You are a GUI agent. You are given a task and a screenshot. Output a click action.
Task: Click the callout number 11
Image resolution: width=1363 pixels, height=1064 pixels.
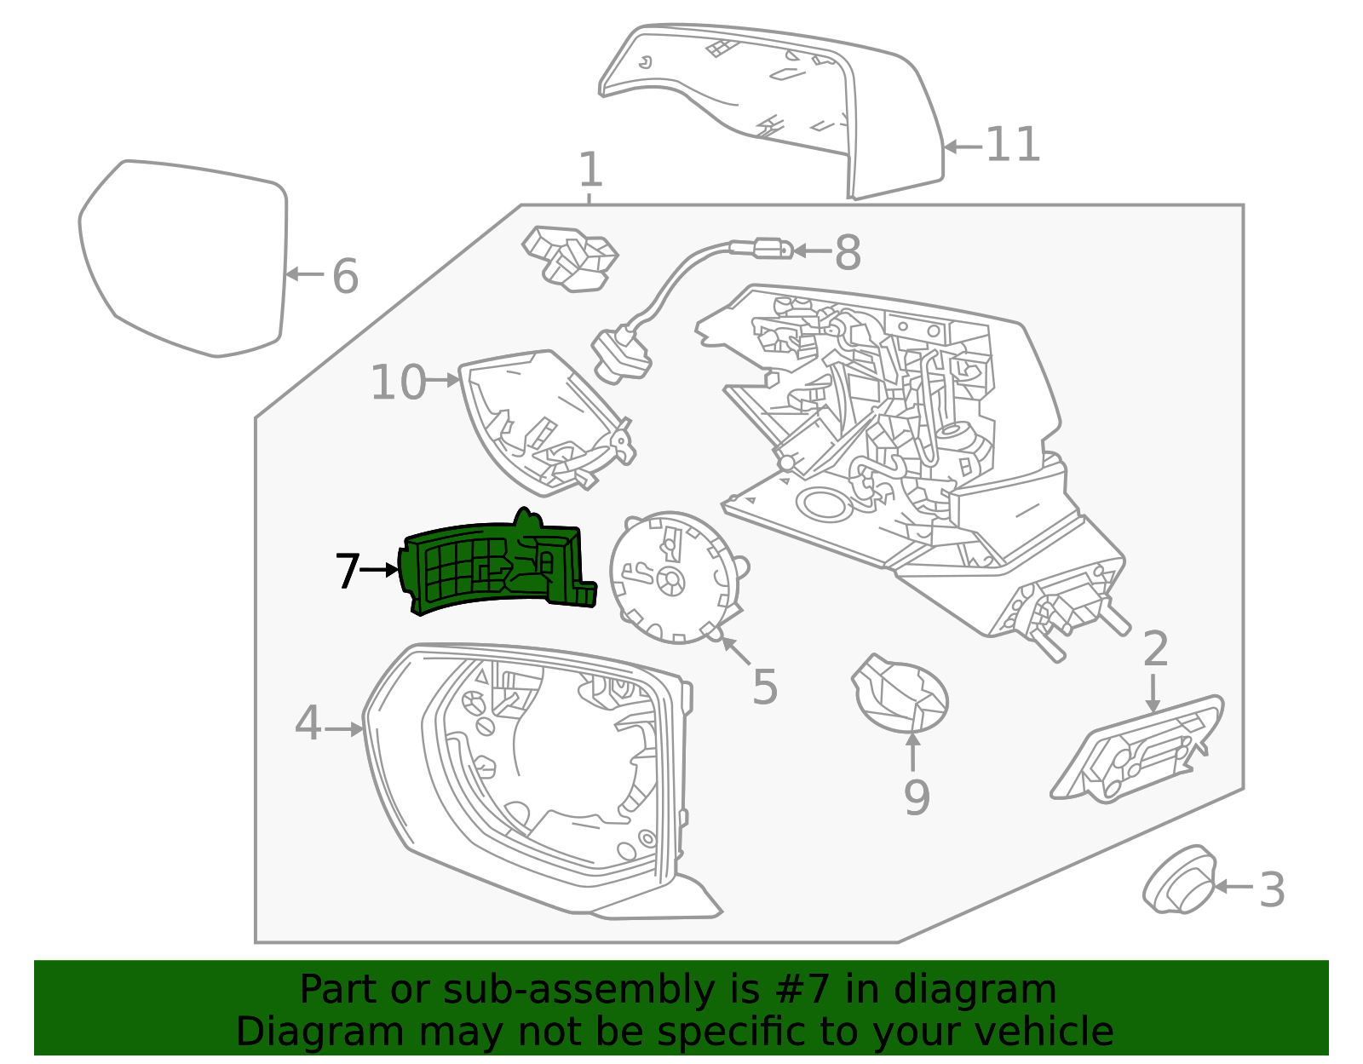pyautogui.click(x=1013, y=145)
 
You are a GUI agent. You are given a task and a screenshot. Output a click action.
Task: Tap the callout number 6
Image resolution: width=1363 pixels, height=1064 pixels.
pyautogui.click(x=345, y=276)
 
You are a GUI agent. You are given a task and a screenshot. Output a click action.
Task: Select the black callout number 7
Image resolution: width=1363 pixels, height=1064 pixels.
pyautogui.click(x=348, y=571)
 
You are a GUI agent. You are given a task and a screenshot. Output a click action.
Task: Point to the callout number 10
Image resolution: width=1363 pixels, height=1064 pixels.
pyautogui.click(x=398, y=382)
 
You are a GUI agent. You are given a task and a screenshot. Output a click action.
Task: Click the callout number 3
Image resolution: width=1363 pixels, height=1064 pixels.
pyautogui.click(x=1272, y=889)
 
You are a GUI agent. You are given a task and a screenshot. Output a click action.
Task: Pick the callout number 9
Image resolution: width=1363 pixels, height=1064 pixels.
pyautogui.click(x=917, y=797)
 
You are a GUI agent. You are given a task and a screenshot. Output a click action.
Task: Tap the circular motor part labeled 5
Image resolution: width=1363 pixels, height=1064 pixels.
pyautogui.click(x=677, y=578)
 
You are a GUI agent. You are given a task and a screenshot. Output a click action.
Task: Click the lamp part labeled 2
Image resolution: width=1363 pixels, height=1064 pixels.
pyautogui.click(x=1136, y=750)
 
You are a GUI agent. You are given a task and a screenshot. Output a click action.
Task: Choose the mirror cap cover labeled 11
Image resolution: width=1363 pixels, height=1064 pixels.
pyautogui.click(x=772, y=112)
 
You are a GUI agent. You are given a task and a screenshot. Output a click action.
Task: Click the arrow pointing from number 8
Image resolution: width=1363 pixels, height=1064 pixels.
pyautogui.click(x=813, y=250)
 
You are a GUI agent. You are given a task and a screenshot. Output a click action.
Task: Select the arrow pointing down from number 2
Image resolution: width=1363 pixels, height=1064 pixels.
pyautogui.click(x=1153, y=693)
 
